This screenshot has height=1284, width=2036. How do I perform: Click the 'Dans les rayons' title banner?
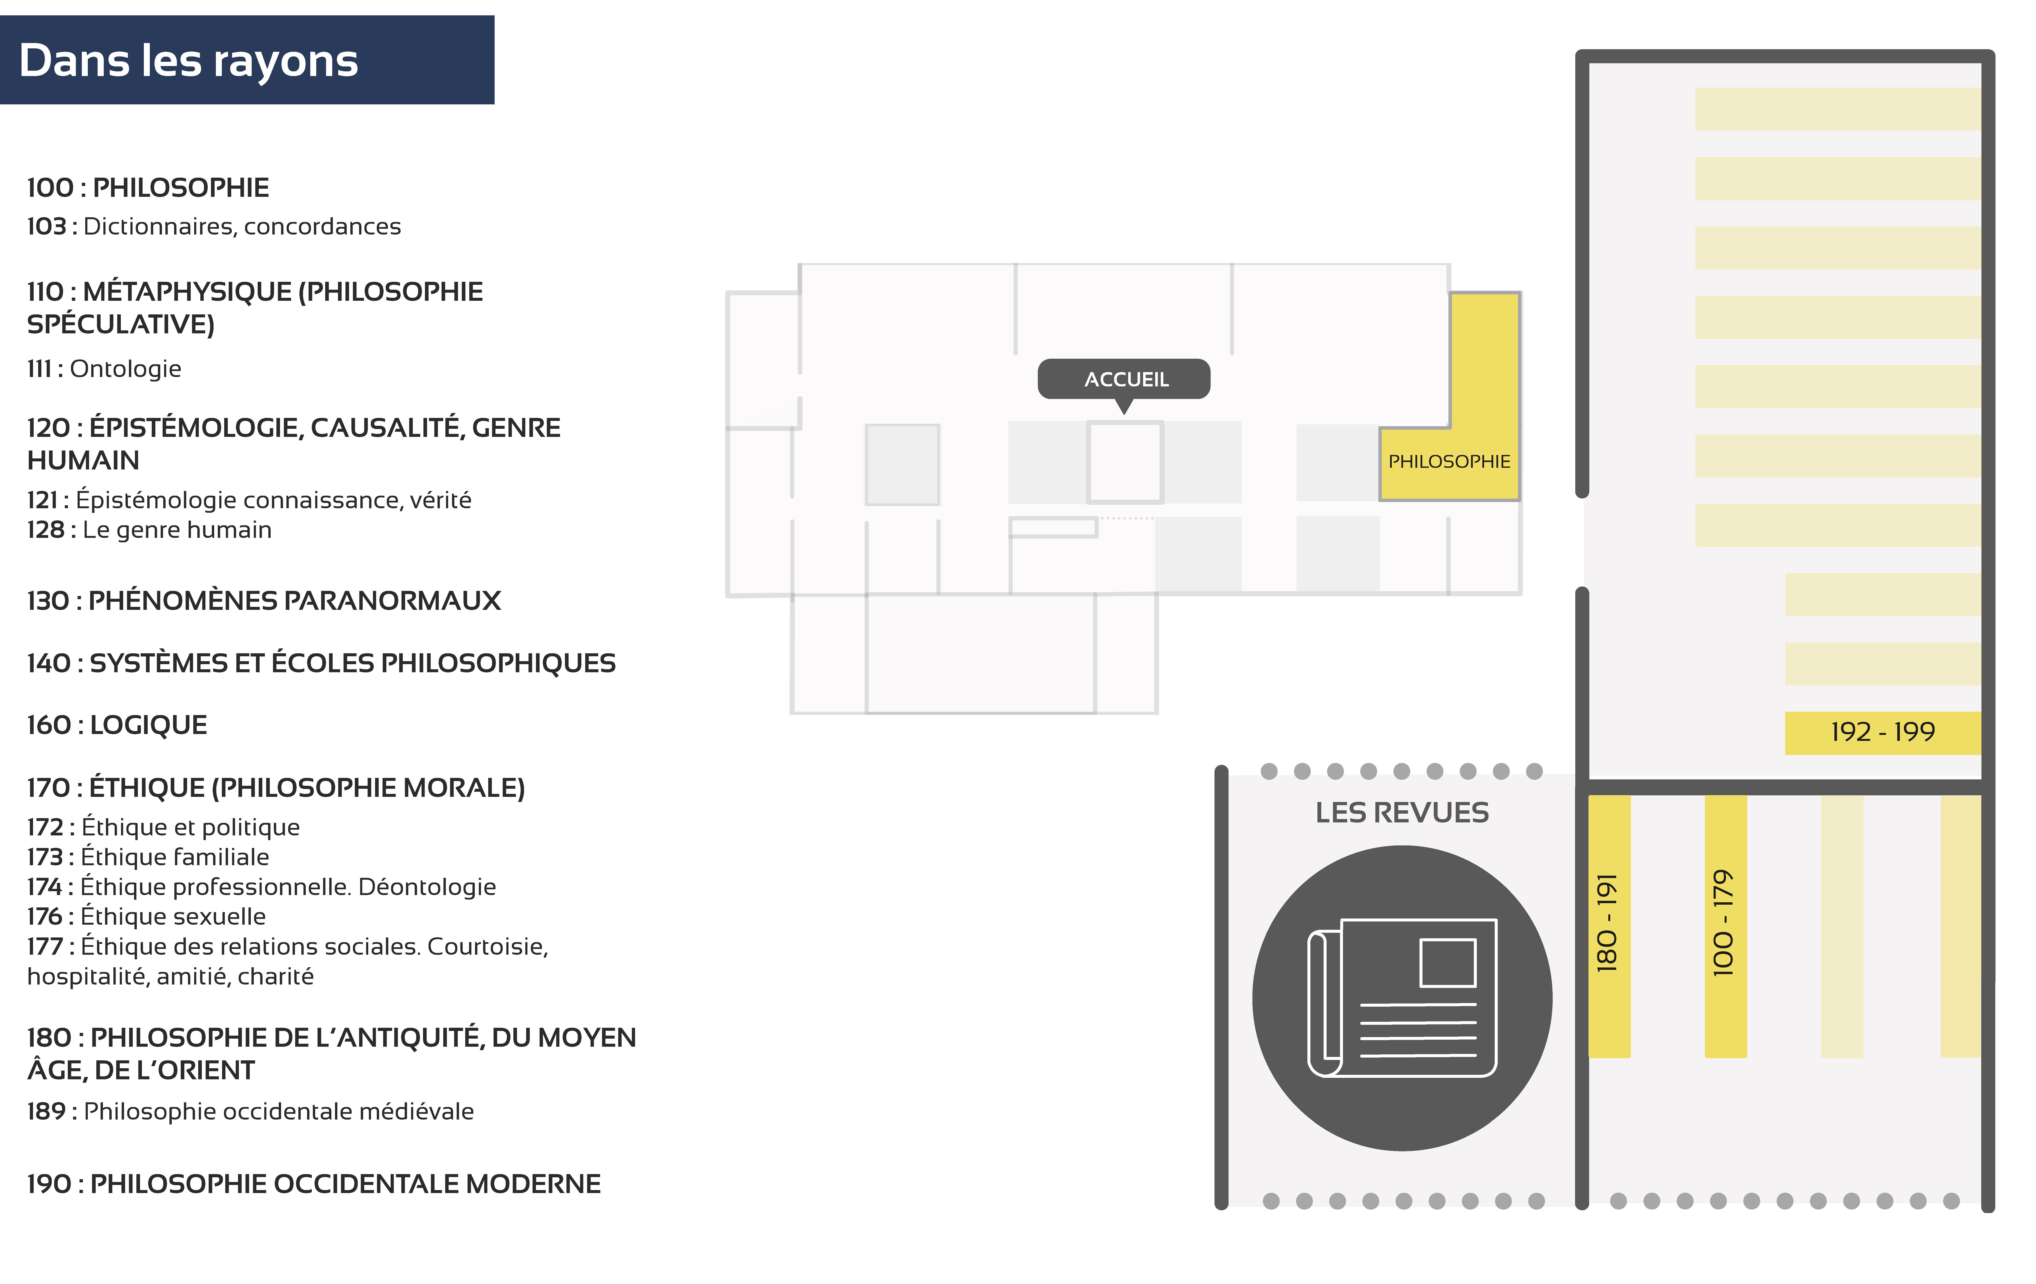247,60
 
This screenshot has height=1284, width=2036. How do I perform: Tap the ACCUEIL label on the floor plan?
1126,380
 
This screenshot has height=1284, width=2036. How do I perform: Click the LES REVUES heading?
1402,812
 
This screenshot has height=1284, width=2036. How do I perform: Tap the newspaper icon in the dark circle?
1402,998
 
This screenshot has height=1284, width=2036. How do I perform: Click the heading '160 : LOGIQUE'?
117,725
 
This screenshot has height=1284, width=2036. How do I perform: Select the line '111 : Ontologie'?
104,369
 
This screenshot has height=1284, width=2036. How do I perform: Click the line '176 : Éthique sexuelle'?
146,916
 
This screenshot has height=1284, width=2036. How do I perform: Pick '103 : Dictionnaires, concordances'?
214,227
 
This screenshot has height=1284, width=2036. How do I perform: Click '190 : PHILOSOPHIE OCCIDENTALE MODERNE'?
314,1184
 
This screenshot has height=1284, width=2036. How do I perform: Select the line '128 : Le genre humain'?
150,530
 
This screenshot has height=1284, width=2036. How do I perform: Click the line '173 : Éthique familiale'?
148,857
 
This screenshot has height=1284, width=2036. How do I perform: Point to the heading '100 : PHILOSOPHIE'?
148,188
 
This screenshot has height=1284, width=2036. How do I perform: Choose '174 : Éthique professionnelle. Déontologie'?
261,887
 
